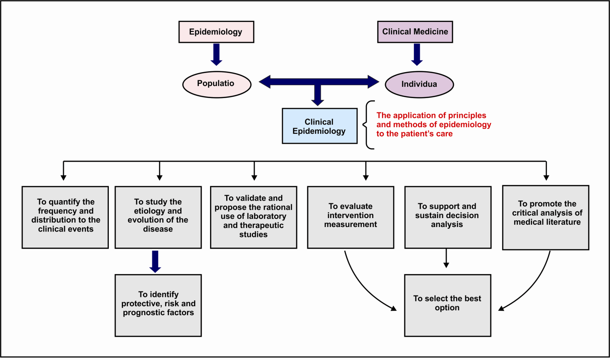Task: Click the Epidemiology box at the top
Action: (x=216, y=32)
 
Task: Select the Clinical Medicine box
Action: (x=415, y=32)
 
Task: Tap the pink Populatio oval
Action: (x=216, y=84)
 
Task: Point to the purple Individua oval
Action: (x=419, y=84)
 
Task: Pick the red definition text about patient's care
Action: (x=434, y=124)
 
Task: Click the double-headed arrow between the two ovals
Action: (x=319, y=81)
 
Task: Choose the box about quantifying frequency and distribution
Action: (x=65, y=217)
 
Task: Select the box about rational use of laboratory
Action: (x=253, y=217)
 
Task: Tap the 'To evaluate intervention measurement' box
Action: (x=351, y=217)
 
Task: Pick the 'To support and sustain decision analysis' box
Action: (x=448, y=217)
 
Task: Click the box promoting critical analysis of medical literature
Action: (x=546, y=217)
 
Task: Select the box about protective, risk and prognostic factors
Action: (x=158, y=305)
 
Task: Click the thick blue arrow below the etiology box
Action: (x=155, y=261)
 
